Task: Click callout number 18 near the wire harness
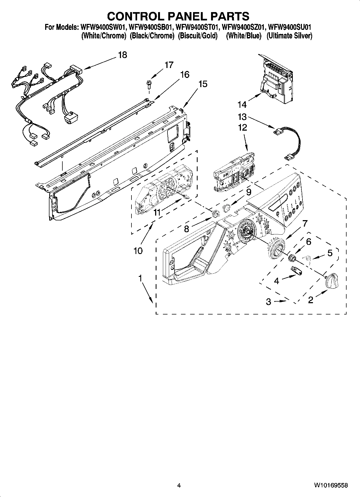(122, 55)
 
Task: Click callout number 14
(242, 105)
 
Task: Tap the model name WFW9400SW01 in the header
(102, 27)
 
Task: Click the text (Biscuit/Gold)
(198, 36)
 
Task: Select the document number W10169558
(330, 485)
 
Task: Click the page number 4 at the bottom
(179, 485)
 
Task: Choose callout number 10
(138, 251)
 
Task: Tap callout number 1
(140, 279)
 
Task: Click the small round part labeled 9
(227, 208)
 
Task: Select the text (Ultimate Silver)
(289, 36)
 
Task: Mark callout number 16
(185, 74)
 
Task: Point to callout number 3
(268, 302)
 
